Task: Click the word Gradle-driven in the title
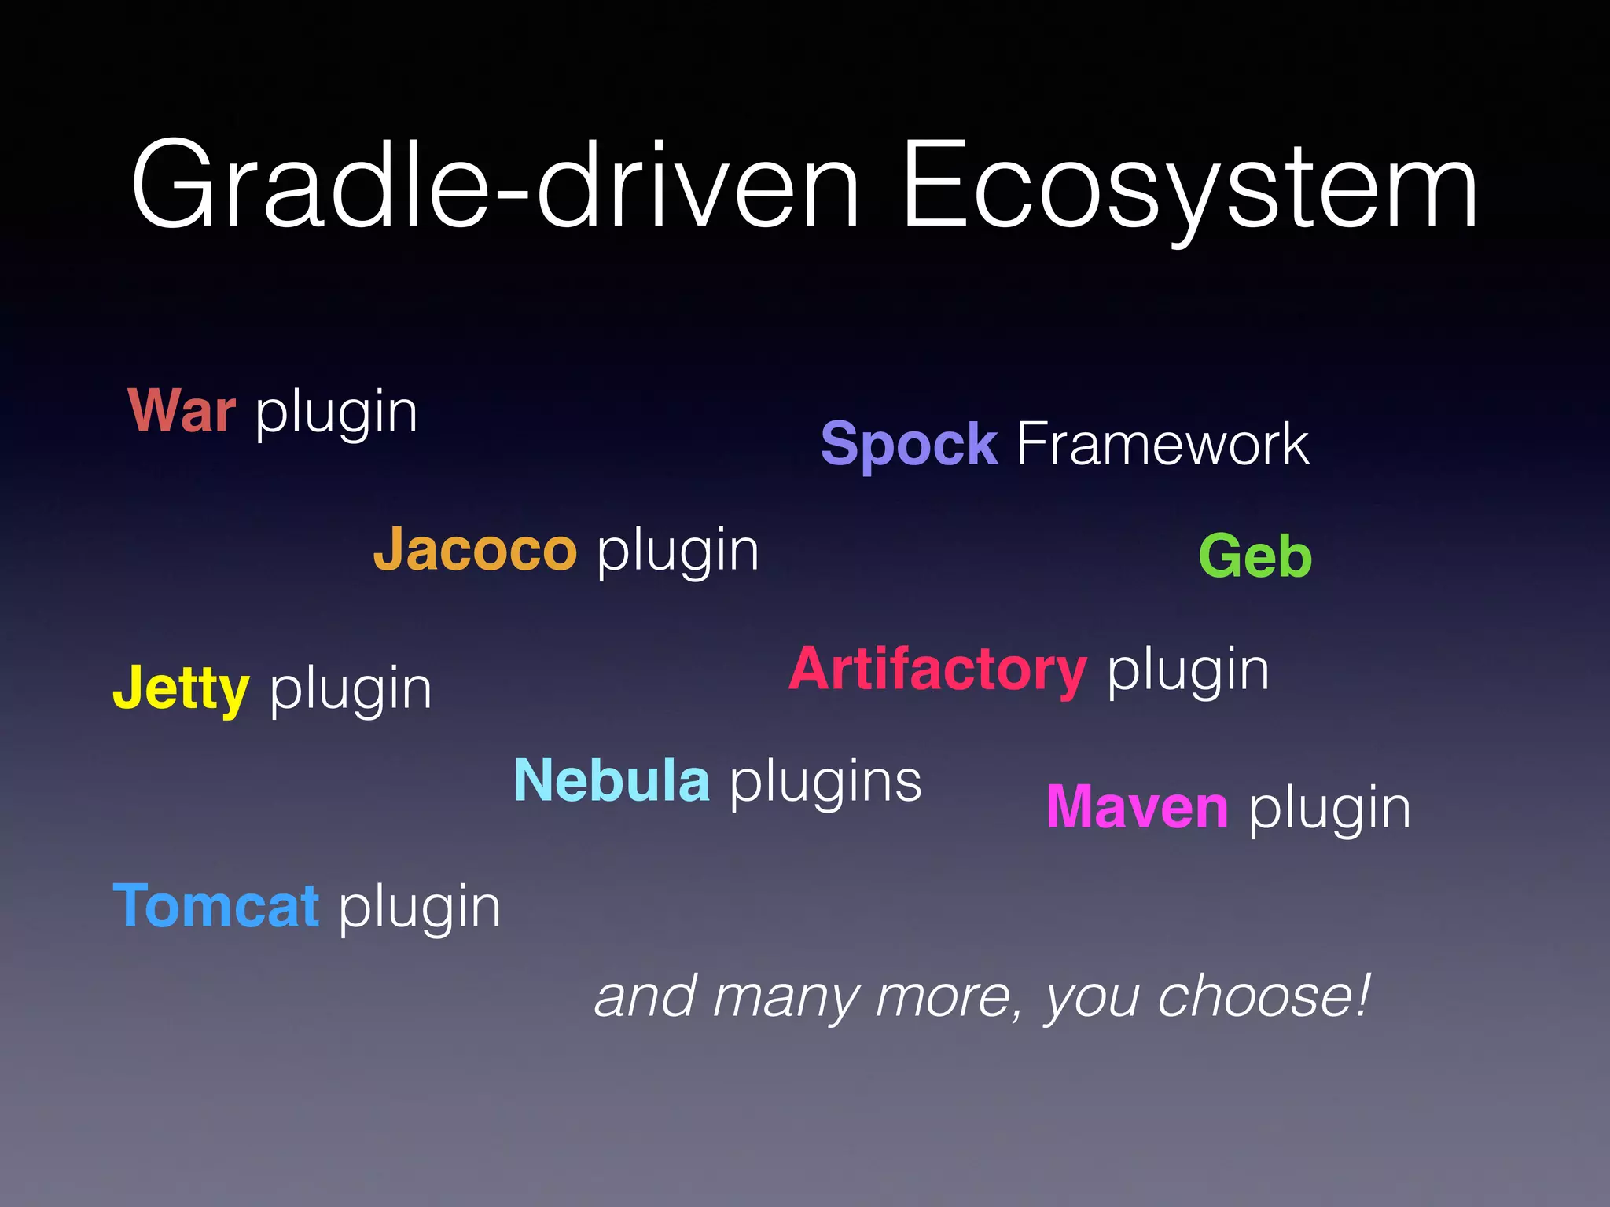tap(495, 187)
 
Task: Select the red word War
tap(182, 411)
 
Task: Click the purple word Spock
tap(909, 445)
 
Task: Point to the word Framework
tap(1163, 445)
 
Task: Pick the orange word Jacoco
tap(475, 549)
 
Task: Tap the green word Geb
tap(1255, 556)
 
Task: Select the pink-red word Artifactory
tap(938, 670)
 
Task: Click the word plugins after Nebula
tap(825, 783)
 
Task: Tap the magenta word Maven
tap(1137, 807)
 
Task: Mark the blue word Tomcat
tap(216, 906)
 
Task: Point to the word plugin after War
tap(336, 413)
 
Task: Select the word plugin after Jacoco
tap(678, 552)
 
